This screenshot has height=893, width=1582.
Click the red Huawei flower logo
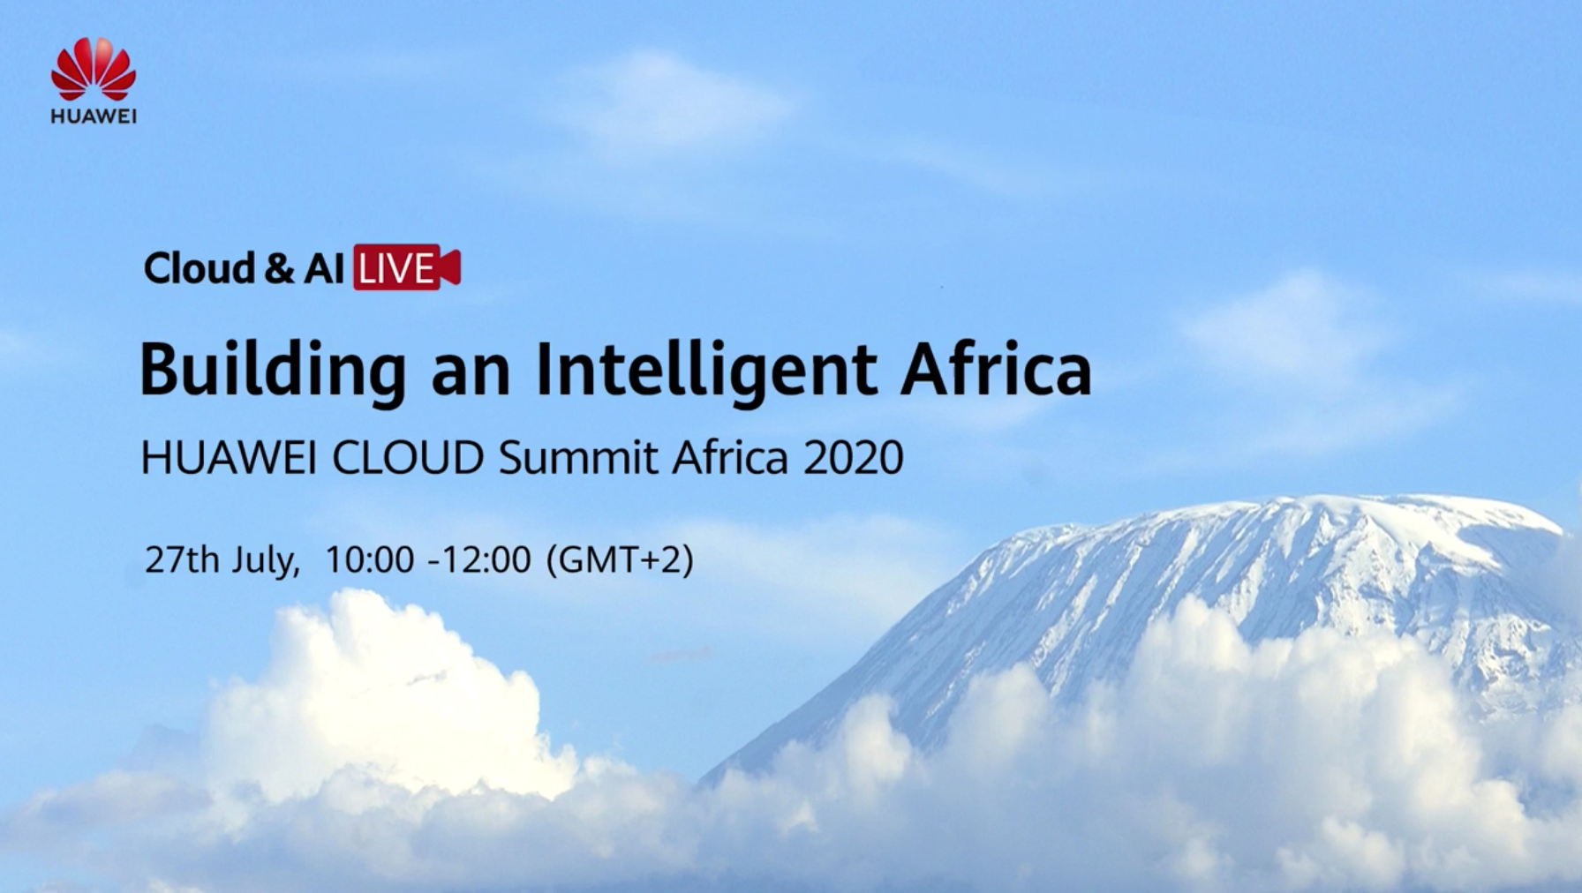94,69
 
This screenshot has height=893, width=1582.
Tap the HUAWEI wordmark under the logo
94,116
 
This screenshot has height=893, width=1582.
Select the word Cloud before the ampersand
200,268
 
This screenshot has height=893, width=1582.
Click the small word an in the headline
471,374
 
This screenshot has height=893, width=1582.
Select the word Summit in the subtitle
578,457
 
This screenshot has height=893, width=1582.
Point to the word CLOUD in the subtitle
408,457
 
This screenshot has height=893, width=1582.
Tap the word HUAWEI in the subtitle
229,457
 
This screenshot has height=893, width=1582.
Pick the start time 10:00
370,559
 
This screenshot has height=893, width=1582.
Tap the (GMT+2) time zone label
620,560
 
